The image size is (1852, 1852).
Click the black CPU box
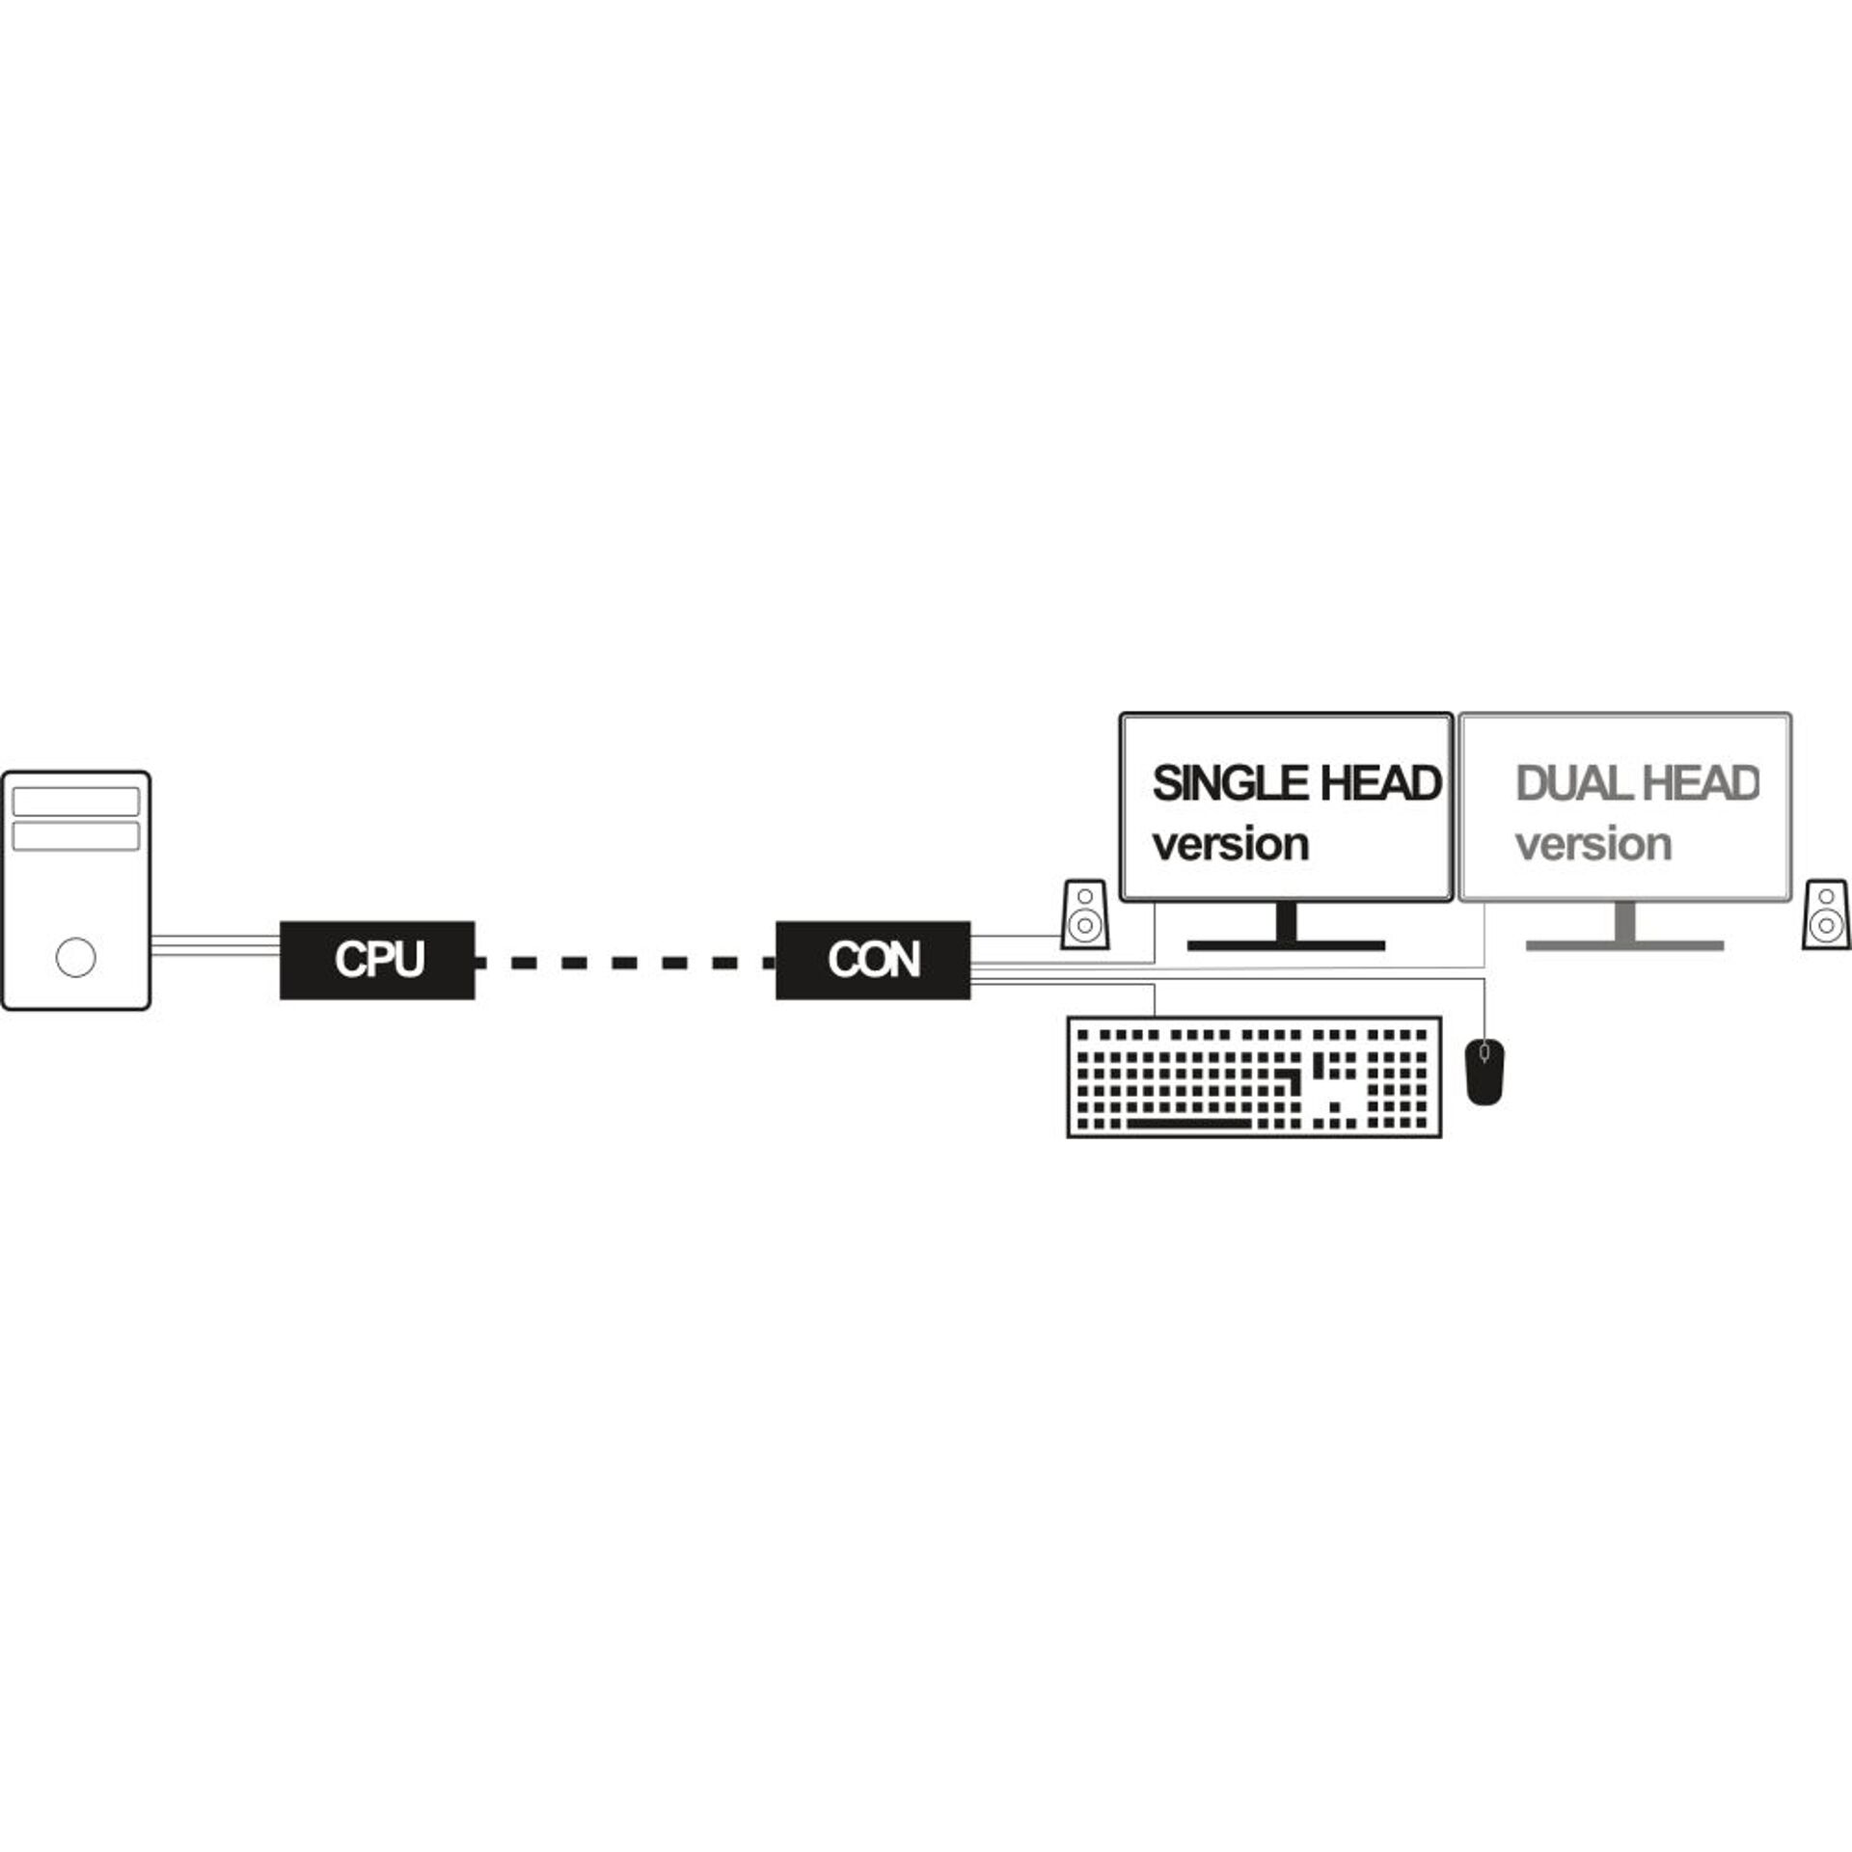point(377,960)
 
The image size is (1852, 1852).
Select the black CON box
point(873,960)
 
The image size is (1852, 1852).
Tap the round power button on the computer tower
point(76,957)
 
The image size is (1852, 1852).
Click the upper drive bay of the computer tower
point(76,802)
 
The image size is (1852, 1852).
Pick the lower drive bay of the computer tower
point(76,835)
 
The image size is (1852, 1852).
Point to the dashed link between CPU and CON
point(625,962)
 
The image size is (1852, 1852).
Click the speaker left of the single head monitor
point(1084,913)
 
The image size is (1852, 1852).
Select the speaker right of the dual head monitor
point(1826,913)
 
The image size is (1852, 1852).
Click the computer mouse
point(1485,1072)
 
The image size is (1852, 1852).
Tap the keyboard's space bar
point(1189,1123)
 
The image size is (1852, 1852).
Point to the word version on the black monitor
point(1231,845)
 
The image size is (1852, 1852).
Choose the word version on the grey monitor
point(1593,845)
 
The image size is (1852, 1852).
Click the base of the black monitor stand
point(1286,945)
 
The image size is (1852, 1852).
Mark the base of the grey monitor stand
point(1624,945)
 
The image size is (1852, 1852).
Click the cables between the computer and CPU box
point(215,944)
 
